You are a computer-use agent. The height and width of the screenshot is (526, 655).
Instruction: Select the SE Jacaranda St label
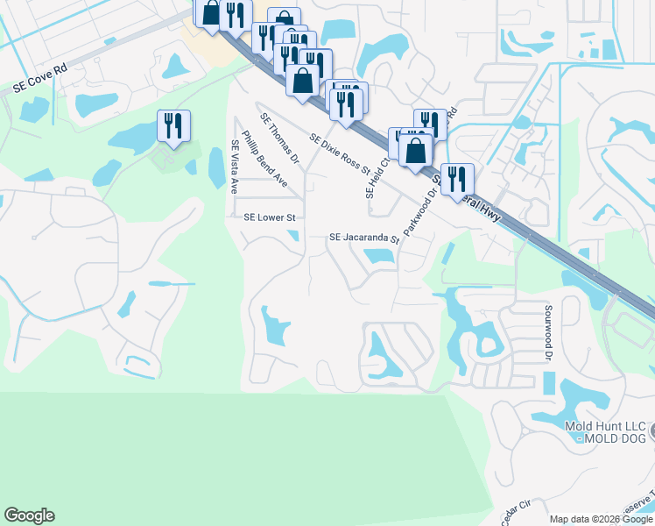coord(363,238)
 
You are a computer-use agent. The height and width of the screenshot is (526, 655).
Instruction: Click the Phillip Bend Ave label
coord(265,159)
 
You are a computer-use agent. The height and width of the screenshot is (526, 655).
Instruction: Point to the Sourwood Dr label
coord(550,332)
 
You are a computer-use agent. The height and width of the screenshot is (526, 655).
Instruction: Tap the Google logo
coord(29,515)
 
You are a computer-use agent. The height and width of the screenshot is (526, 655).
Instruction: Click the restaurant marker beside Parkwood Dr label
coord(457,178)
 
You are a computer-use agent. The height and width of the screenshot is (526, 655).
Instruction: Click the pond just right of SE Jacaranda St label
coord(378,257)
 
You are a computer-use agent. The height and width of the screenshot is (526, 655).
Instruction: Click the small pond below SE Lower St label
coord(292,234)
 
